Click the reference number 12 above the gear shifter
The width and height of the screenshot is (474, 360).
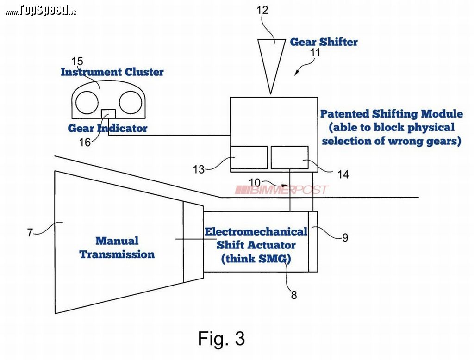262,10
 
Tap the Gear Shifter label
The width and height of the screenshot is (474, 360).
324,42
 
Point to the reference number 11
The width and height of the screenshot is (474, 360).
315,52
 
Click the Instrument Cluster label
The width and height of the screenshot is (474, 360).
112,72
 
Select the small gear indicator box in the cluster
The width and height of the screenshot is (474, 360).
108,114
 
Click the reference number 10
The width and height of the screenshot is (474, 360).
255,183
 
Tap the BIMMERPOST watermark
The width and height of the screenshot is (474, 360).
282,190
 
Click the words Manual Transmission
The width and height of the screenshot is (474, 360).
117,248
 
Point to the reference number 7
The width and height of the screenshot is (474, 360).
30,232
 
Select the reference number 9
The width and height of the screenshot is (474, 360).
345,237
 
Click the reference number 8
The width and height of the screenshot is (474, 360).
294,295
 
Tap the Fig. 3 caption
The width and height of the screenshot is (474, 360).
221,338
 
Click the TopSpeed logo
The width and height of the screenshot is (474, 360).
41,11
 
